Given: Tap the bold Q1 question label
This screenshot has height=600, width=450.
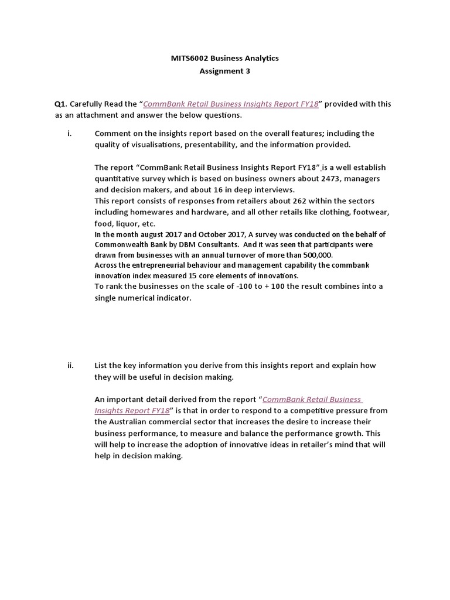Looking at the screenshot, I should point(60,104).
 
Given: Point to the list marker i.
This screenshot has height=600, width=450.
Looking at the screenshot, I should point(69,133).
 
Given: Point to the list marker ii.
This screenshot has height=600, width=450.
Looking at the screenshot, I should point(70,365).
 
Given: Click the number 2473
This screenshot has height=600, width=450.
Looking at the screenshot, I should point(314,179).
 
